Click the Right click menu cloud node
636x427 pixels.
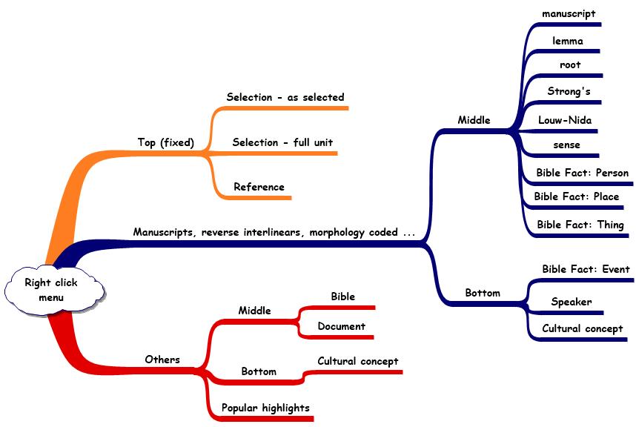coord(51,290)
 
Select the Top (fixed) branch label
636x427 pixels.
coord(165,142)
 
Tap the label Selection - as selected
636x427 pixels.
coord(285,97)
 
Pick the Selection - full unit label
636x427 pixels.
coord(282,142)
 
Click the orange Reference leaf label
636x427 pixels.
coord(259,187)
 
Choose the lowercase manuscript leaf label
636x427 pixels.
coord(569,13)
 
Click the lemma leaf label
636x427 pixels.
coord(567,42)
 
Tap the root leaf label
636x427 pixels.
coord(570,65)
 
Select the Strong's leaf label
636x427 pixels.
coord(569,92)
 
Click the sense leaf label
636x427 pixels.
coord(566,145)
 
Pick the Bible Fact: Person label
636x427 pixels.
coord(582,173)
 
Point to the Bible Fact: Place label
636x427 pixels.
coord(576,196)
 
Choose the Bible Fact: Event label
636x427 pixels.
coord(585,269)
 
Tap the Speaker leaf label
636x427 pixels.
coord(571,302)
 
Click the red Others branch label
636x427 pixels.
coord(162,360)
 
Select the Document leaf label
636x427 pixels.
coord(341,326)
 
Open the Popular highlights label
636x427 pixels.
coord(265,408)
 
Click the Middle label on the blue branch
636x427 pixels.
coord(474,120)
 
